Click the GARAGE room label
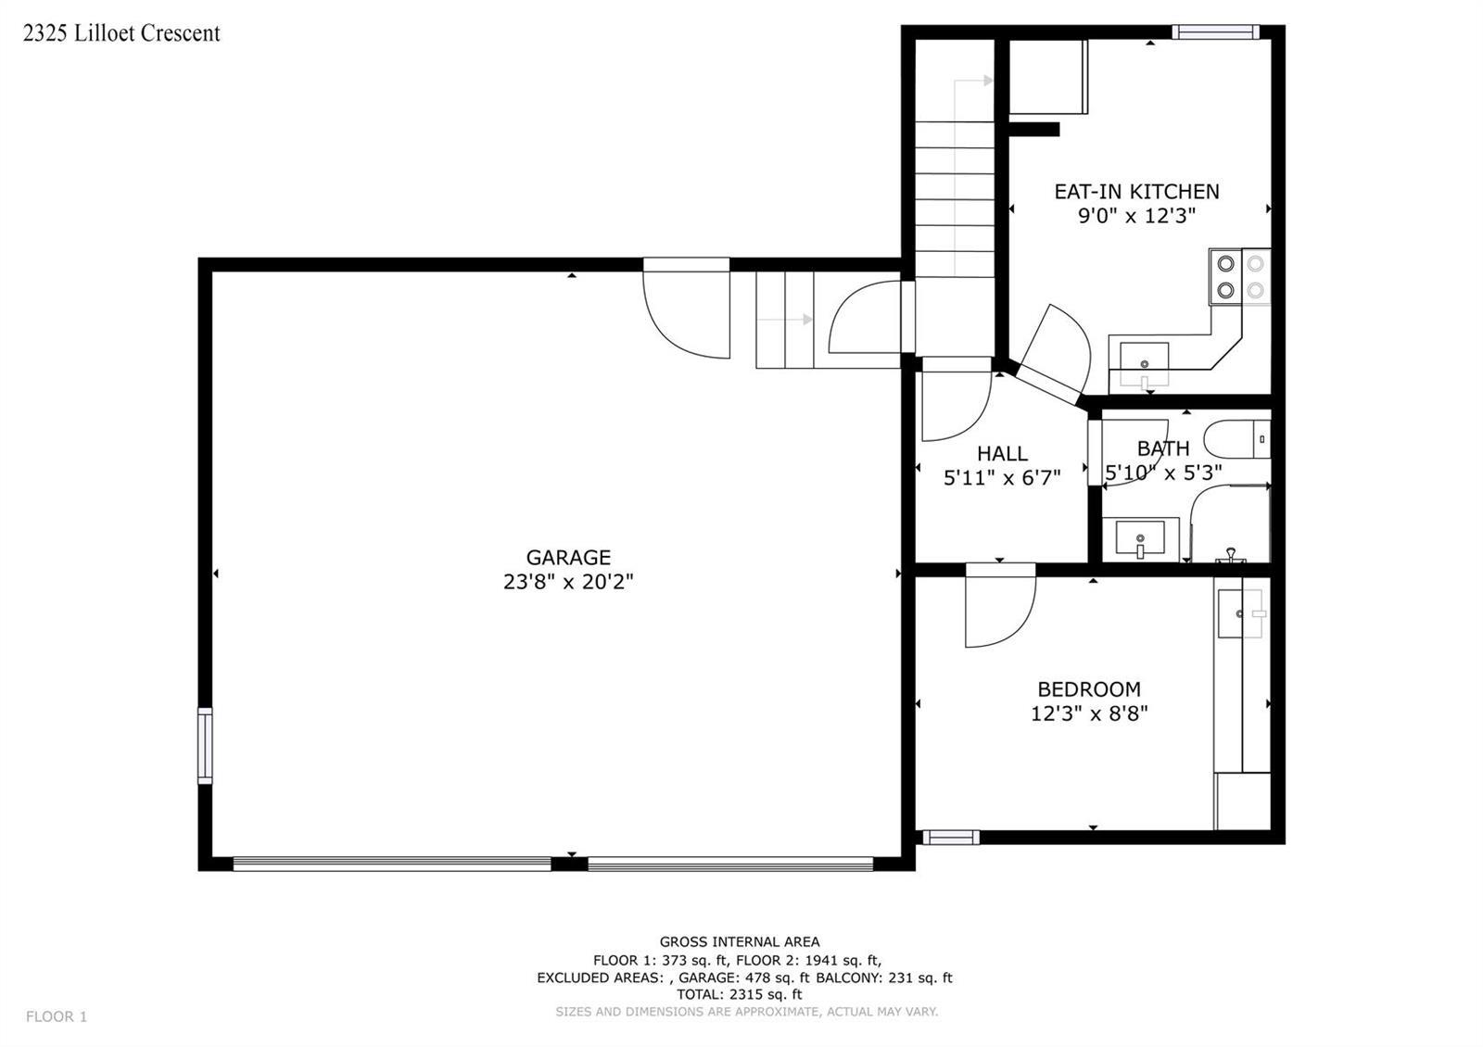coord(568,557)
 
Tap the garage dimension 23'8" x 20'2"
coord(568,582)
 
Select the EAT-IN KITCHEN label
coord(1136,191)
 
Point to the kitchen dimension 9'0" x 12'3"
coord(1136,216)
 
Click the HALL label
coord(1002,453)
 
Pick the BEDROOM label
coord(1089,689)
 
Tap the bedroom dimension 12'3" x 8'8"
coord(1089,713)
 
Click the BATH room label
coord(1163,448)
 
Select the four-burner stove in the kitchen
coord(1240,277)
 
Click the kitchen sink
coord(1144,365)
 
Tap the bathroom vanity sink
coord(1140,538)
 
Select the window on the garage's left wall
coord(205,746)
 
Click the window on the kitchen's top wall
coord(1215,32)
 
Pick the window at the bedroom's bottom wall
coord(951,838)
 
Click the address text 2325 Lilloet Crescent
coord(121,33)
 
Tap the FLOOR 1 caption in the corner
coord(57,1016)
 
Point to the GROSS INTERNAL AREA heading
coord(740,941)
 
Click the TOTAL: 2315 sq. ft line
coord(739,994)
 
